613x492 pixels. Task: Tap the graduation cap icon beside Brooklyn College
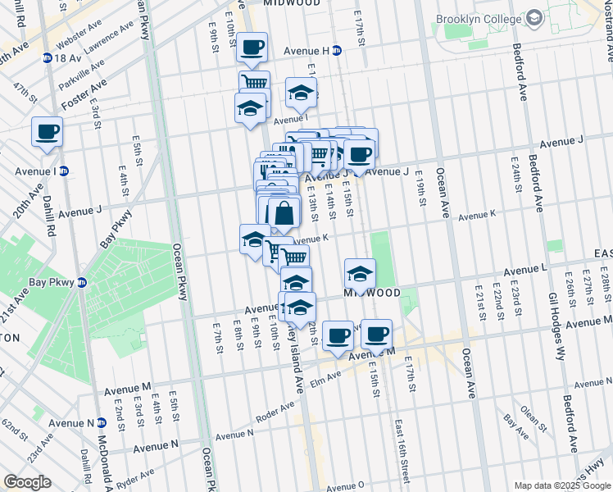pyautogui.click(x=534, y=17)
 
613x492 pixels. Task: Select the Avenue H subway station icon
pyautogui.click(x=337, y=51)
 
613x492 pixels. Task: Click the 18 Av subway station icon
pyautogui.click(x=47, y=58)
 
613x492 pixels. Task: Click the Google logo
pyautogui.click(x=27, y=483)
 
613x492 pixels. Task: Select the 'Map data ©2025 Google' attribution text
pyautogui.click(x=561, y=485)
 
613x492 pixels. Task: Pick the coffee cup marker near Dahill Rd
pyautogui.click(x=48, y=131)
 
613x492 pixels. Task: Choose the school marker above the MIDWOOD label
pyautogui.click(x=360, y=273)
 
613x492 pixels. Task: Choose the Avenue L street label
pyautogui.click(x=525, y=269)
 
